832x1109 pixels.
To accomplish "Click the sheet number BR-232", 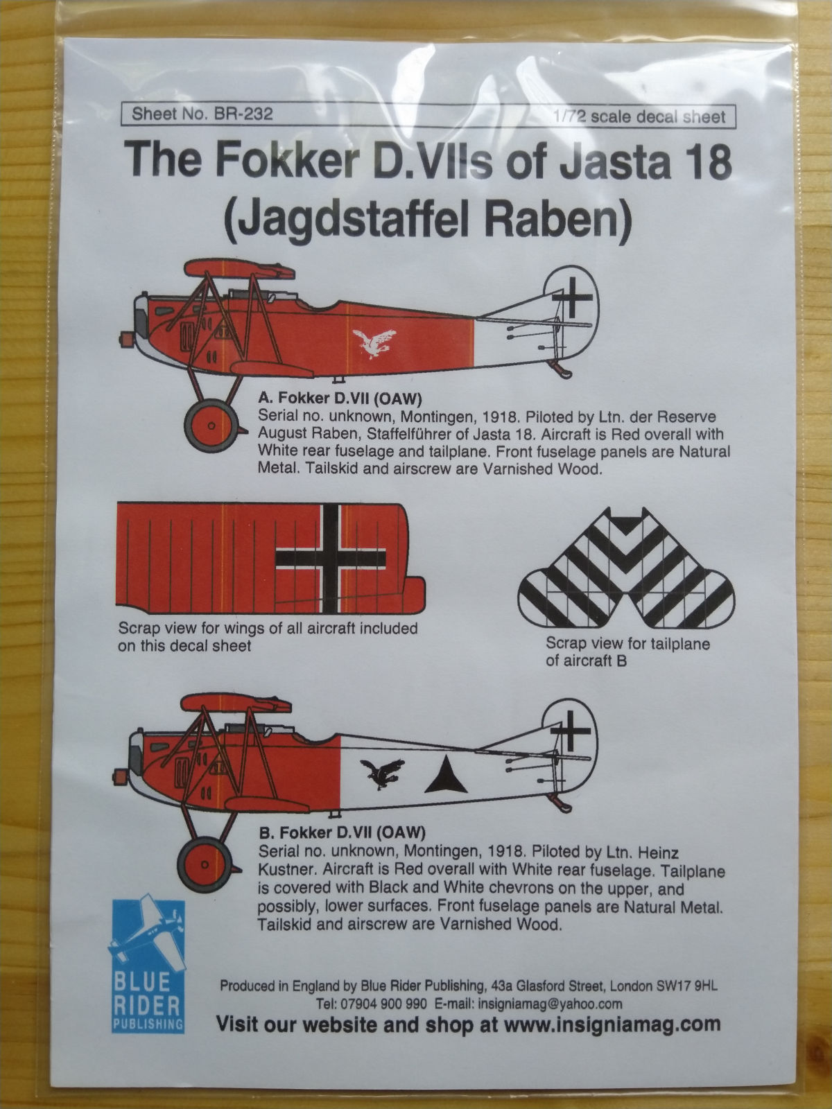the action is [243, 114].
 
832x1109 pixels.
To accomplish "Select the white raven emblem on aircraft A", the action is [374, 343].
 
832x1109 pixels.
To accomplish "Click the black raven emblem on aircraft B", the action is [383, 773].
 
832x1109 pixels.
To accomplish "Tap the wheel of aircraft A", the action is [211, 426].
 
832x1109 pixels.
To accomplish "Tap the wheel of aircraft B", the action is [205, 864].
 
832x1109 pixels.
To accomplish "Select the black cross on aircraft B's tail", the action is [571, 731].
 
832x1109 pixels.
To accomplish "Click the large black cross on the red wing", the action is [331, 558].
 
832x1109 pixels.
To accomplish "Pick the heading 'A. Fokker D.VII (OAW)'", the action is [339, 399].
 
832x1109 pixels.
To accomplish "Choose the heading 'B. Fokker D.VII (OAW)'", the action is [342, 832].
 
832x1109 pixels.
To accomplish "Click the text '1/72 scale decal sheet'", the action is [639, 116].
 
